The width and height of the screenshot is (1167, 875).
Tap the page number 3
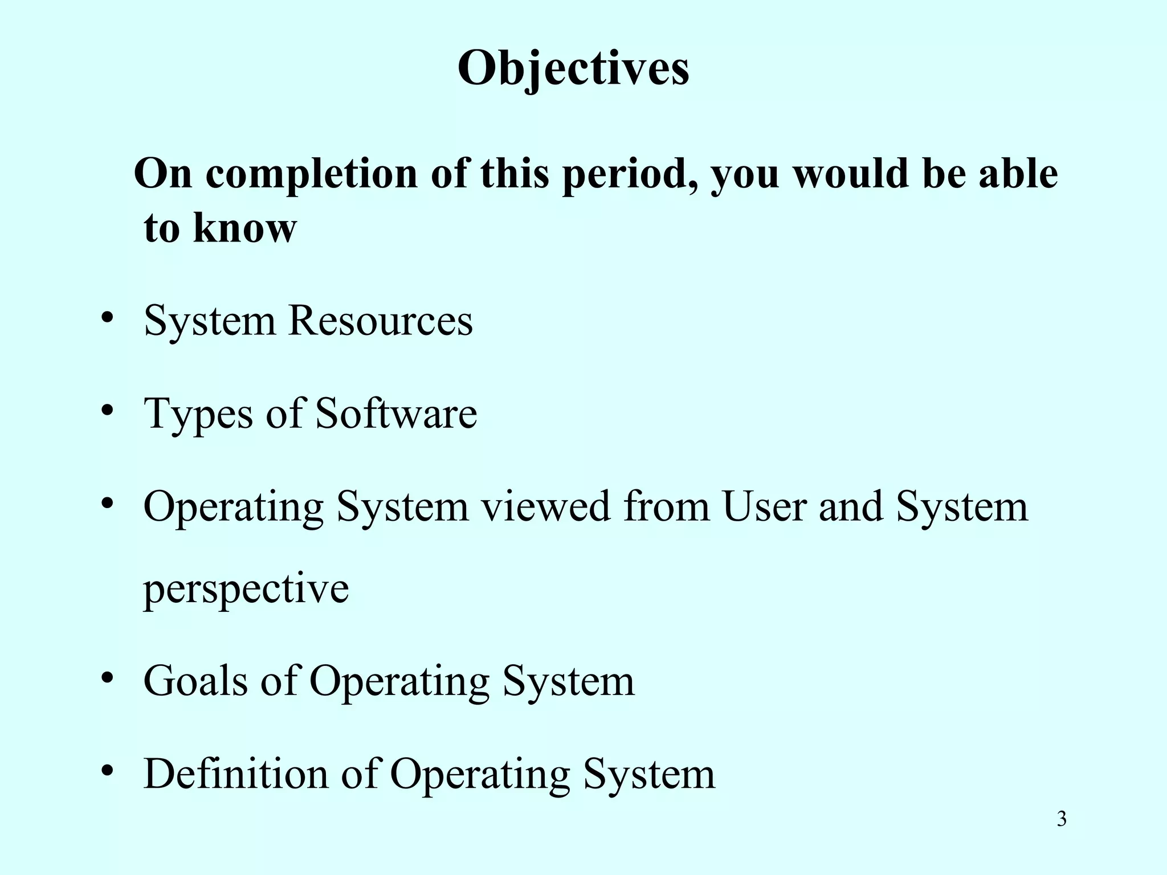coord(1062,819)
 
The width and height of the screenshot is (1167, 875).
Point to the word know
coord(245,228)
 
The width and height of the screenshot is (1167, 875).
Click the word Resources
coord(381,321)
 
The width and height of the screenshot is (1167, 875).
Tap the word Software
coord(396,414)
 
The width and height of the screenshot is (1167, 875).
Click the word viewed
coord(546,506)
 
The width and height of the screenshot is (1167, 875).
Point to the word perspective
coord(246,590)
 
